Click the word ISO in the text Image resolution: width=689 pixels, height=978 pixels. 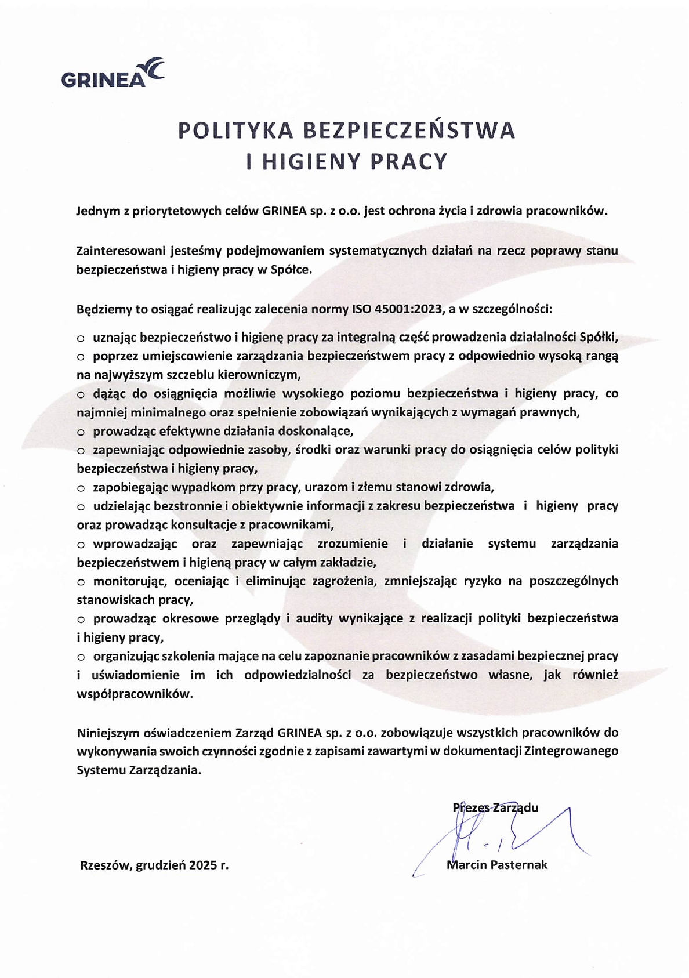tap(361, 309)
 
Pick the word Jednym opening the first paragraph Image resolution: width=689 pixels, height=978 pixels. tap(97, 211)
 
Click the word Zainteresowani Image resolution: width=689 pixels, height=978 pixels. tap(120, 251)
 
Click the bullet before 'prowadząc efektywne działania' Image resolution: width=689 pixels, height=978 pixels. tap(81, 432)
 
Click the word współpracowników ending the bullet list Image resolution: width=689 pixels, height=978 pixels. tap(134, 694)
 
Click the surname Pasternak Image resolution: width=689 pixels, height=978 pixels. tap(519, 865)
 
